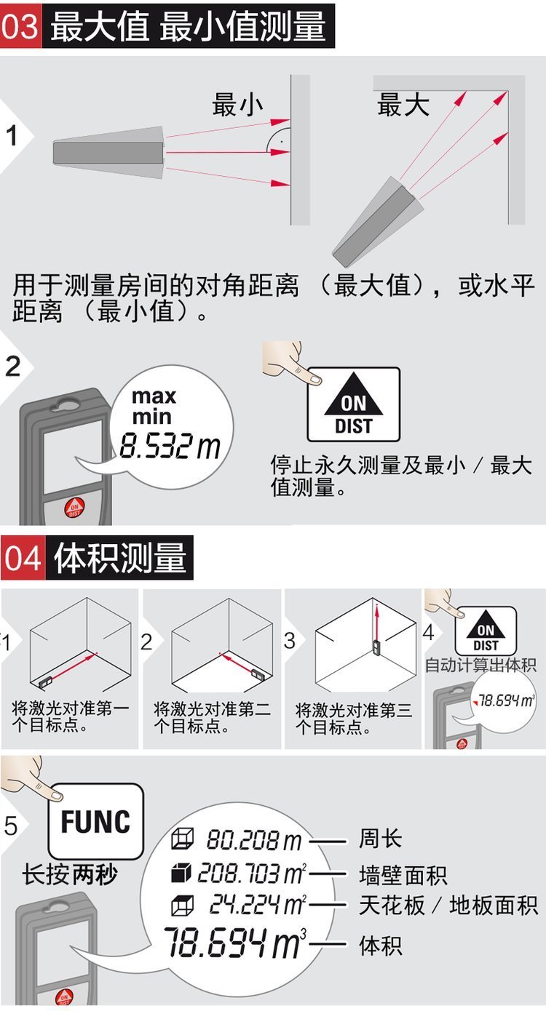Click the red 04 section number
(23, 558)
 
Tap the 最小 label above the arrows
(237, 105)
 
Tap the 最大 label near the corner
(403, 105)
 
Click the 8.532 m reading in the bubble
(170, 446)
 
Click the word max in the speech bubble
(154, 396)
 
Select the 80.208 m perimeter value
(254, 840)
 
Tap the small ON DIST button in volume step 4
(485, 631)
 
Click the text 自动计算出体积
(480, 666)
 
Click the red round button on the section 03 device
(74, 508)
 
